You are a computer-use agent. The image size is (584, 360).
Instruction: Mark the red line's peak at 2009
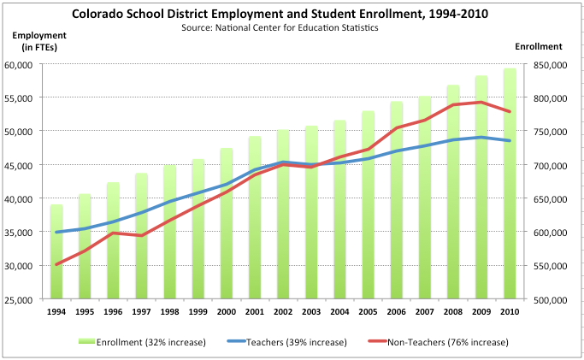click(481, 102)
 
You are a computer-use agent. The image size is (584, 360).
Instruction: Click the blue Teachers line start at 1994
click(56, 232)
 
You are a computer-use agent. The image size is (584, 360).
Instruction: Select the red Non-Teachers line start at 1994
click(56, 264)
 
